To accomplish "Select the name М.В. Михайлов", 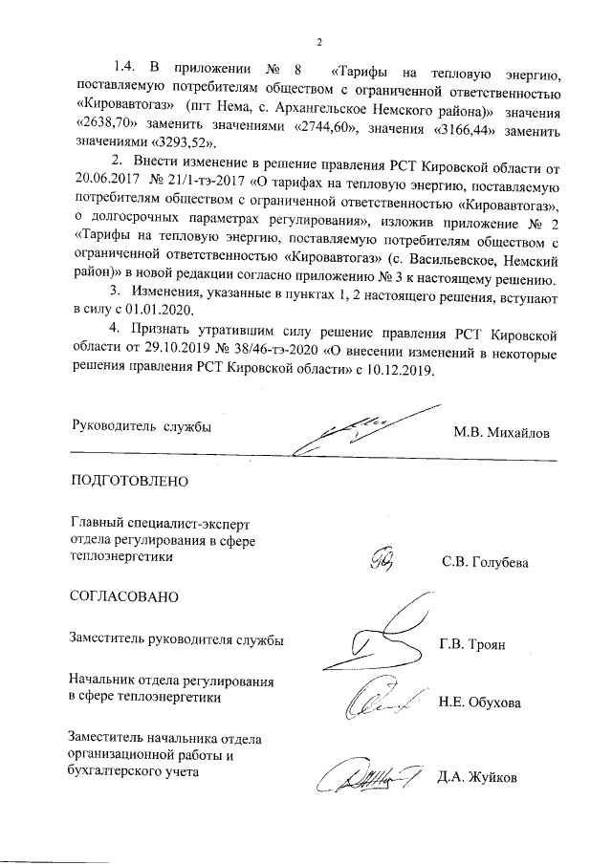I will pyautogui.click(x=502, y=431).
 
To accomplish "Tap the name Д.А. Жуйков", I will pyautogui.click(x=476, y=777).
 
